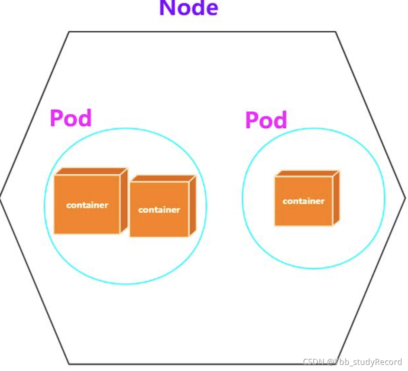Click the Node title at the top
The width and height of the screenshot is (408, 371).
pos(188,8)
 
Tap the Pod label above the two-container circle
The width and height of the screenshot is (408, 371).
pos(71,118)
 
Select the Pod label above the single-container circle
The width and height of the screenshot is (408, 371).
pos(266,120)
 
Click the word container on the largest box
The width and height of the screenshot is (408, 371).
pos(87,205)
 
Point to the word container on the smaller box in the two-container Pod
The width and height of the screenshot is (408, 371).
pos(159,210)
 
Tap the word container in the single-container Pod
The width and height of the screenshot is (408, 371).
pos(303,201)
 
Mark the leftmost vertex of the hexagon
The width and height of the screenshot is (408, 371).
pos(1,198)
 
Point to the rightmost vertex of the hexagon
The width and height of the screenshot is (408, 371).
pos(405,198)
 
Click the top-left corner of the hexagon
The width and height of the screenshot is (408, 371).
pos(69,32)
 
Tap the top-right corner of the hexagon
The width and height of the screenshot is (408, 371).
pos(336,32)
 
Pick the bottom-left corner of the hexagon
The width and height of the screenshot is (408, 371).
pos(69,363)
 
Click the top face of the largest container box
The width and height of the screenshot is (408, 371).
pos(91,171)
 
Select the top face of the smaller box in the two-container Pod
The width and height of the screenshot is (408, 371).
pos(162,179)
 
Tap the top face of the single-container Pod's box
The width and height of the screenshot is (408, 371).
pos(307,173)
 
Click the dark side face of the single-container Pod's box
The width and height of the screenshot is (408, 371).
pos(336,198)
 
